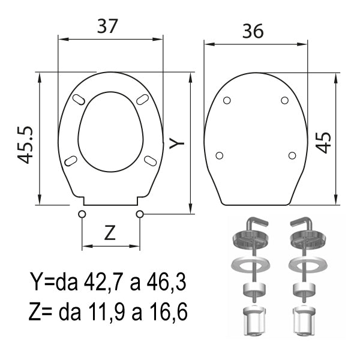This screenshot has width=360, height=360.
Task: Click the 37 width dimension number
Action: (x=107, y=26)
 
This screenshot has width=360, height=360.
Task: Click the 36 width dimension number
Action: (x=253, y=31)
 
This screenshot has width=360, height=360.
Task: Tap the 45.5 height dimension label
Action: (x=25, y=145)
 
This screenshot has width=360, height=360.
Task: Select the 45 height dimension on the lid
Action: (x=323, y=143)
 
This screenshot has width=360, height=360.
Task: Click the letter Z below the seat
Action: (x=110, y=233)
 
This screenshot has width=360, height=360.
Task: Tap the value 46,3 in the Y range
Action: (x=166, y=281)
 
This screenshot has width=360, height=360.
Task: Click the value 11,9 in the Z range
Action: (x=107, y=312)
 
